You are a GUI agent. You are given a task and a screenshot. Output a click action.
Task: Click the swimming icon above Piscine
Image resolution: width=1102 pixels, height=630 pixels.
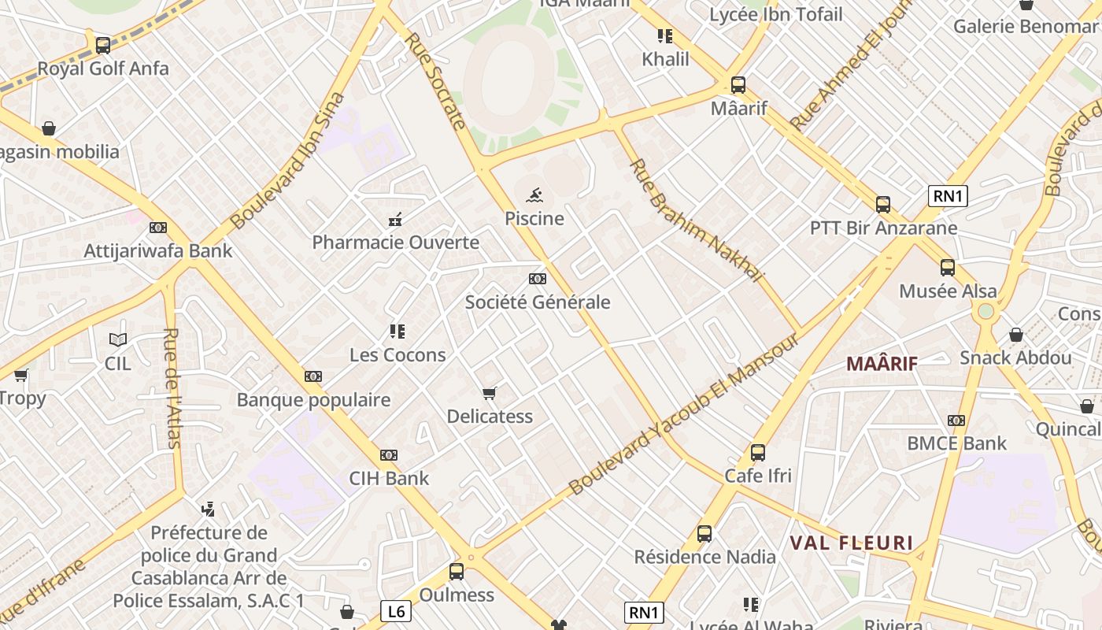pos(535,195)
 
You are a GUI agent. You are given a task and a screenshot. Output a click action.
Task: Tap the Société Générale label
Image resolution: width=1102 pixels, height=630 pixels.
pos(538,302)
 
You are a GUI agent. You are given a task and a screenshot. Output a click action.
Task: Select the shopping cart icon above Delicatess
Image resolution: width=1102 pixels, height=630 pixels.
pos(490,393)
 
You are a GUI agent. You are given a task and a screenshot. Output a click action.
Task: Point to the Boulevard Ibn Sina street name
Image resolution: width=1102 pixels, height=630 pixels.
pos(289,161)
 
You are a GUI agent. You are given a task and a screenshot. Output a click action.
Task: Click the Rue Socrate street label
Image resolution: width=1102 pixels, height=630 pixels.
pos(436,80)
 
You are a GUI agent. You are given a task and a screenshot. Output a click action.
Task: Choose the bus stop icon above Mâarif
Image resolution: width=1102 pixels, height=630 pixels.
pos(738,85)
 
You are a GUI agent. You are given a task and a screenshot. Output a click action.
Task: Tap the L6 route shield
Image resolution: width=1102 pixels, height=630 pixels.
pos(396,610)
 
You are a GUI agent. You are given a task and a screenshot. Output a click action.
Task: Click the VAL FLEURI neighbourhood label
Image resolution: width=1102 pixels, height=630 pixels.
pos(852,543)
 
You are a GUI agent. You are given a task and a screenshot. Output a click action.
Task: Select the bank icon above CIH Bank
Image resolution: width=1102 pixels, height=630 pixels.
pos(388,455)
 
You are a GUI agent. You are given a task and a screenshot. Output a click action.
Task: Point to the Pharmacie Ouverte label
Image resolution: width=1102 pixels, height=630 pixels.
pos(395,242)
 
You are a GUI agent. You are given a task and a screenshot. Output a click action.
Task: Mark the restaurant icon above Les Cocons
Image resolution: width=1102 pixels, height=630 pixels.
pos(398,332)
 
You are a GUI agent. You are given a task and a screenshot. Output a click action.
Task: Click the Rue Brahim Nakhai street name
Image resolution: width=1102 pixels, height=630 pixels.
pos(697,221)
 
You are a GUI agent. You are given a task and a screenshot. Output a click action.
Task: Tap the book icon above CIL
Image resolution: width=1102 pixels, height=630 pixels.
pos(118,340)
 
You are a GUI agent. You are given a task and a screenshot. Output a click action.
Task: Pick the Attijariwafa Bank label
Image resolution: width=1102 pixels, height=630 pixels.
pos(158,251)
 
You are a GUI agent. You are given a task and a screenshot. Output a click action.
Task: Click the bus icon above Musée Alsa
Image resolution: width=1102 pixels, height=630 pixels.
pos(948,268)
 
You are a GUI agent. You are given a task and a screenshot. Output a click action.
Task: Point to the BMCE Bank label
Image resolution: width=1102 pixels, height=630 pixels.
pos(956,443)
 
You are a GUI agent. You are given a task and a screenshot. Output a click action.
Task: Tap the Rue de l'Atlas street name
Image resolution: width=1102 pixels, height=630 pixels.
pos(173,387)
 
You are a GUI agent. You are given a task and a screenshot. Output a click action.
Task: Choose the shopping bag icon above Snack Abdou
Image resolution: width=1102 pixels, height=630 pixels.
pos(1015,335)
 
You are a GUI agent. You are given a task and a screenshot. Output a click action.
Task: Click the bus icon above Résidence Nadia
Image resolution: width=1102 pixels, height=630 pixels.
pos(704,534)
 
